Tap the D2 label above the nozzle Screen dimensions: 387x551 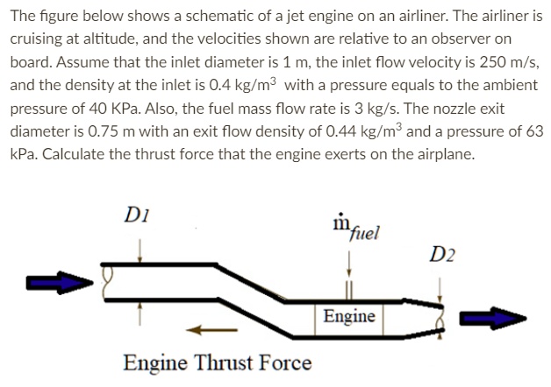(444, 255)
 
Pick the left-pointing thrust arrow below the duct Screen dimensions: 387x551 (209, 331)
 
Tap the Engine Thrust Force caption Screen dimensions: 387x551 (218, 362)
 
